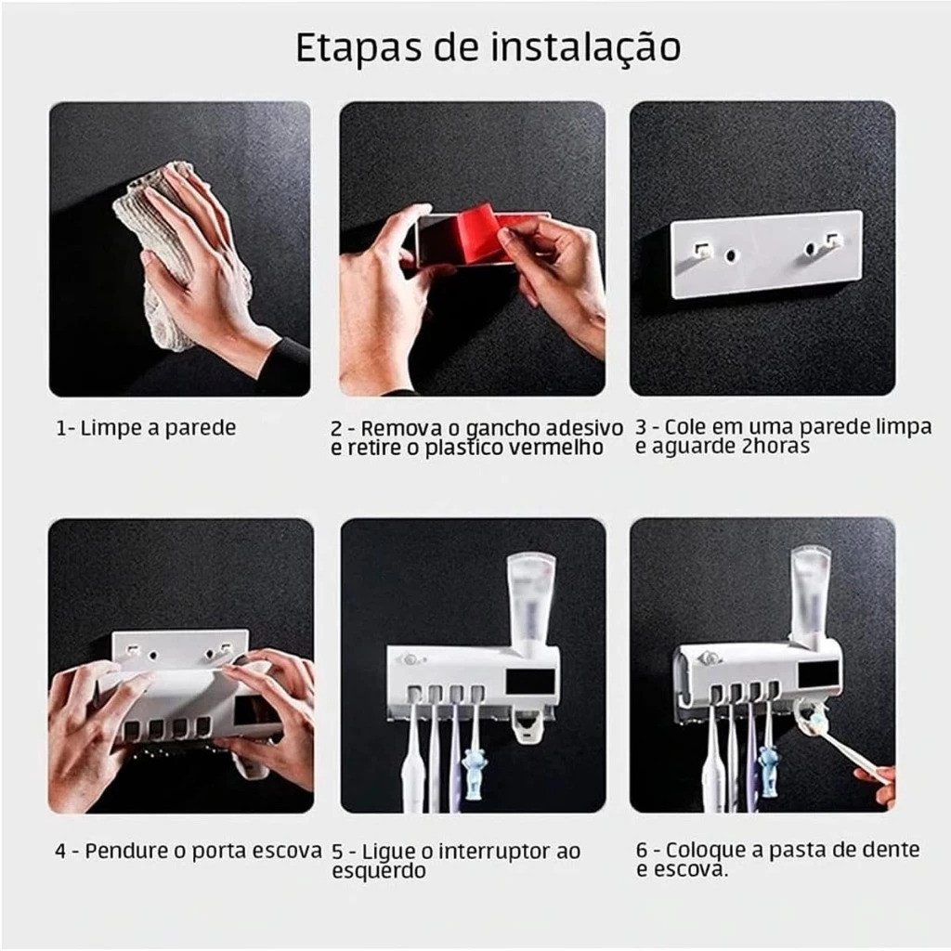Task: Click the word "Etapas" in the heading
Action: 358,48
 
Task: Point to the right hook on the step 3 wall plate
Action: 835,241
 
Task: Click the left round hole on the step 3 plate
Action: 731,254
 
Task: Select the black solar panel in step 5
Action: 530,681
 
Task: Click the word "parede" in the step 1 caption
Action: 201,429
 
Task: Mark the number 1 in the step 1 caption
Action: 60,429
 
